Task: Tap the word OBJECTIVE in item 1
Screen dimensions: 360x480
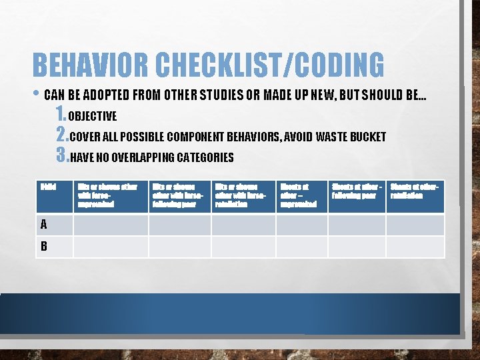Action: coord(93,117)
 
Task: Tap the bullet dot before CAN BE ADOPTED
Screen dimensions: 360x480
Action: coord(36,95)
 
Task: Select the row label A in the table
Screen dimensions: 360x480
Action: coord(44,225)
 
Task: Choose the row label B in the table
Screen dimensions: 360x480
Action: coord(44,246)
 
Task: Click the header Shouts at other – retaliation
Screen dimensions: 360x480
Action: coord(415,191)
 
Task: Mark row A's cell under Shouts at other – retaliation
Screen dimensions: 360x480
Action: coord(415,225)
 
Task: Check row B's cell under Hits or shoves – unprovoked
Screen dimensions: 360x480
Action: coord(109,246)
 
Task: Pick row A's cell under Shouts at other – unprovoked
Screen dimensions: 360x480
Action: coord(301,225)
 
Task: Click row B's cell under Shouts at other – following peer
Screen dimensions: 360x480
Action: coord(357,246)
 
